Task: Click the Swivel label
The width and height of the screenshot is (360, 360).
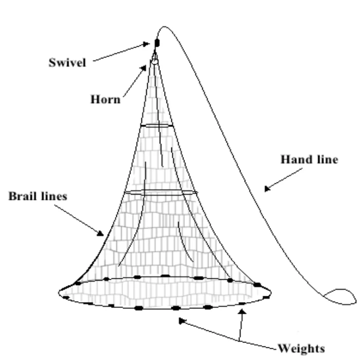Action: [67, 62]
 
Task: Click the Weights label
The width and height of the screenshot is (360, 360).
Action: [301, 349]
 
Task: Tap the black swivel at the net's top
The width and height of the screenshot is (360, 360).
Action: [157, 43]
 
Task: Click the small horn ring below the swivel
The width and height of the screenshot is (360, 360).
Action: [154, 61]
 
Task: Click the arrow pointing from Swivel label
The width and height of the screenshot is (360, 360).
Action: [122, 53]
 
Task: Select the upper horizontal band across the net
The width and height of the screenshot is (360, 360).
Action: [157, 126]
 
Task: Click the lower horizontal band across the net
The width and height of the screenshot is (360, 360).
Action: [161, 192]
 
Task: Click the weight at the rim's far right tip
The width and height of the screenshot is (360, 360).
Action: [266, 296]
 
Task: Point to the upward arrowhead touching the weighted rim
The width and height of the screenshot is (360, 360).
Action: [241, 312]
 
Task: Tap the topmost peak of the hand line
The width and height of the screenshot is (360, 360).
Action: [164, 27]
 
